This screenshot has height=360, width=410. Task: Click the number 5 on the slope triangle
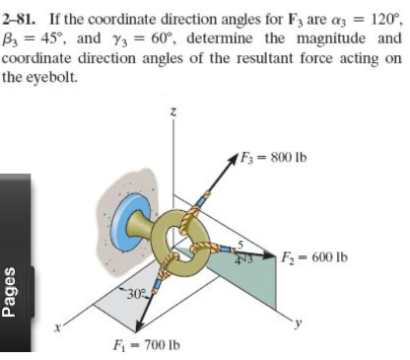(x=239, y=243)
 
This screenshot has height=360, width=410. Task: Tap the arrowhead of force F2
(x=270, y=258)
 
